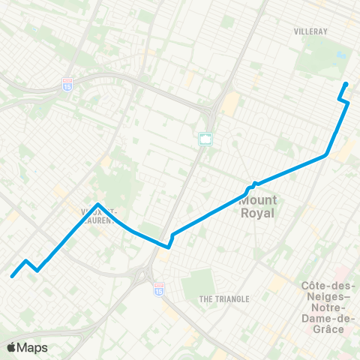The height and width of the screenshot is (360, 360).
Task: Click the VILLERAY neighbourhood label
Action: click(x=311, y=33)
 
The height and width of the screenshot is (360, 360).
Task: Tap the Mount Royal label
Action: click(x=258, y=205)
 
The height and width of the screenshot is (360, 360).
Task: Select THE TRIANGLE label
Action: click(x=223, y=299)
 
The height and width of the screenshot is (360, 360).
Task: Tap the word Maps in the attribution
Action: click(x=33, y=347)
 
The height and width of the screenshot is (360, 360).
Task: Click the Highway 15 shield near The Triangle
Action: click(x=158, y=287)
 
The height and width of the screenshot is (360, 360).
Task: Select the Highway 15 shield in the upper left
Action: click(x=67, y=85)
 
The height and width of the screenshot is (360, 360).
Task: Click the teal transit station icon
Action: click(x=205, y=139)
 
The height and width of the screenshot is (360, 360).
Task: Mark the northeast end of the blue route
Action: click(x=346, y=84)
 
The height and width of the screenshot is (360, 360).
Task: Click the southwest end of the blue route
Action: click(x=12, y=276)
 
